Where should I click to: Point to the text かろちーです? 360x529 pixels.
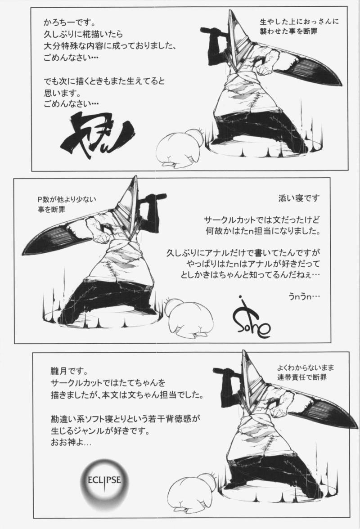[69, 23]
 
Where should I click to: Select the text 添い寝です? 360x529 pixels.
[299, 198]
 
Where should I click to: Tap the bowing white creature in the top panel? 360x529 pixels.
[181, 148]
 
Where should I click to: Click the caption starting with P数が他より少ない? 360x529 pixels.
[67, 204]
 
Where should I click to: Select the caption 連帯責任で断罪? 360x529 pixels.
[302, 377]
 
